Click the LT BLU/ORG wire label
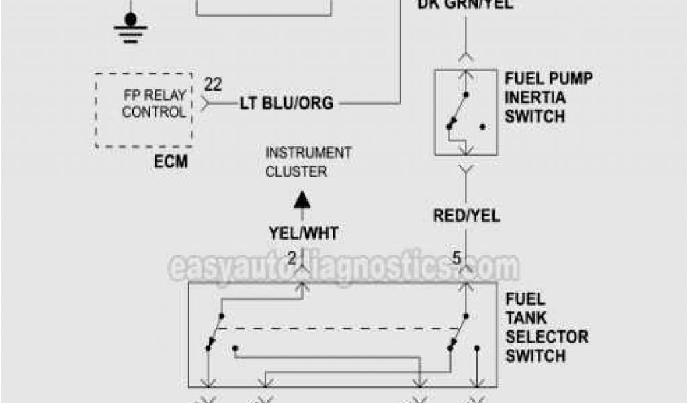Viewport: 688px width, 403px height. click(287, 103)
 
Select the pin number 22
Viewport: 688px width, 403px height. click(213, 85)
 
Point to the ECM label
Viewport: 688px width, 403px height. click(170, 162)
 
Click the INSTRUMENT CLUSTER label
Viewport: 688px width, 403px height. click(308, 162)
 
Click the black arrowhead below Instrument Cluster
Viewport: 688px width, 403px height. click(303, 200)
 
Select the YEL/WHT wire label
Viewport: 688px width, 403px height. click(304, 233)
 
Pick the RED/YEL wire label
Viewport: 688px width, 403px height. click(466, 216)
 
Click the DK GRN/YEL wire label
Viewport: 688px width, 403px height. click(466, 5)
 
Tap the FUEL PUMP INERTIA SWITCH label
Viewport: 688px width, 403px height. click(548, 97)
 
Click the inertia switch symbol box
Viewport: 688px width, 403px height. click(466, 111)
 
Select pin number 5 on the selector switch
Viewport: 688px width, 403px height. click(456, 257)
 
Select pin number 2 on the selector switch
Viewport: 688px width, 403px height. click(292, 257)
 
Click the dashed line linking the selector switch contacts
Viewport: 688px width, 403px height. click(336, 328)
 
